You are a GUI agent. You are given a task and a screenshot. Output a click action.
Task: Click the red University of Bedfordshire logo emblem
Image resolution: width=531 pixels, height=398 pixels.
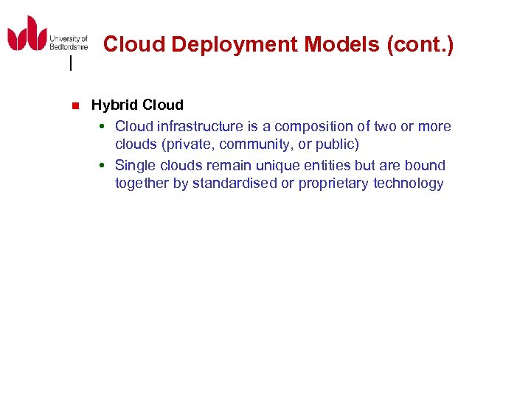coord(27,34)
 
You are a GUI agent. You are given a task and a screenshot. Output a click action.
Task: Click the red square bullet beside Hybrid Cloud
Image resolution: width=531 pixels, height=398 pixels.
coord(74,105)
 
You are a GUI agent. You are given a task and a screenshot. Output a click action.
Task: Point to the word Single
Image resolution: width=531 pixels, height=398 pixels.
coord(135,165)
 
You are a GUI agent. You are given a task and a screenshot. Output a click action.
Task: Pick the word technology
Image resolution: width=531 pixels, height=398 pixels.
coord(409,184)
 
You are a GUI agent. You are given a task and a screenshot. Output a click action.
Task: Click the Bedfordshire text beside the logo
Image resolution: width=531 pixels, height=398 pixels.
coord(68,46)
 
